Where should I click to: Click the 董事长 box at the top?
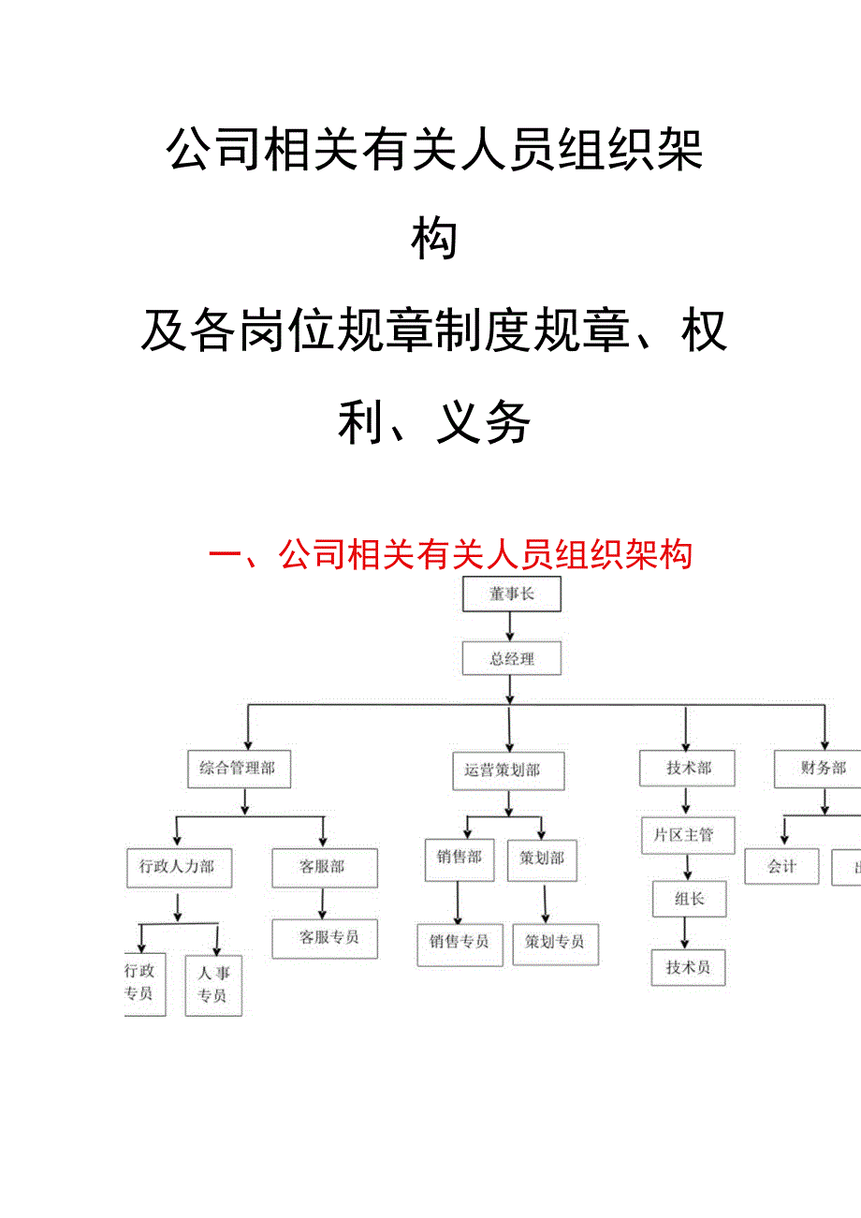point(511,594)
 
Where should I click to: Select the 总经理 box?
point(511,659)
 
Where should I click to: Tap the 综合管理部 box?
point(238,769)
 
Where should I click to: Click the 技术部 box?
point(688,769)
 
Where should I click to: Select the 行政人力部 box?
point(178,867)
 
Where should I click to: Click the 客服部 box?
point(323,867)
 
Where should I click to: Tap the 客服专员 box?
point(325,937)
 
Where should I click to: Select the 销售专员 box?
point(459,942)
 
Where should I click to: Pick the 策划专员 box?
point(555,943)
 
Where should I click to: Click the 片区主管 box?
point(688,835)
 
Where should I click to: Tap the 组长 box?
point(689,899)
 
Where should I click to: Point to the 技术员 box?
point(688,968)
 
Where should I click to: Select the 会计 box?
point(781,867)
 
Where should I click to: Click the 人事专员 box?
point(212,985)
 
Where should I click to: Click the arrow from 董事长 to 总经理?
point(510,626)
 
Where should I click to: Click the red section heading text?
point(449,554)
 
